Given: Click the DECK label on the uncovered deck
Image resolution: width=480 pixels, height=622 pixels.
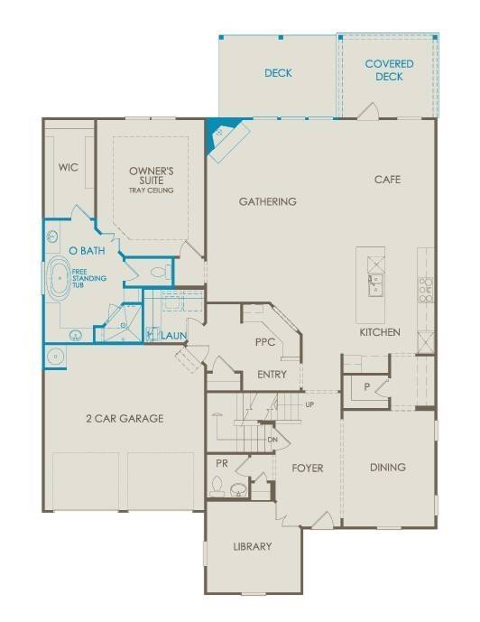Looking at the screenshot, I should click(278, 73).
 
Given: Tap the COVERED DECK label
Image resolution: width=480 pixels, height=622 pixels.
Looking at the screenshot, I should click(390, 70).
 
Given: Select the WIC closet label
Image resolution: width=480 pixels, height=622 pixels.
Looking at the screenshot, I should click(69, 167).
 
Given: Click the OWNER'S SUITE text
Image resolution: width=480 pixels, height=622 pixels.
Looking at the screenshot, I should click(151, 175).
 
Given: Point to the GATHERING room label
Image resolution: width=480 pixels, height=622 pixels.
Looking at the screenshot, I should click(267, 201).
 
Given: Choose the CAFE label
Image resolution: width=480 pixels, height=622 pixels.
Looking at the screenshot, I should click(387, 180).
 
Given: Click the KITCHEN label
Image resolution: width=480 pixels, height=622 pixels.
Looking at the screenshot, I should click(380, 332).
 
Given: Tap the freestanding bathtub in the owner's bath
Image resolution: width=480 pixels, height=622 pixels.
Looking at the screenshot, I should click(60, 281).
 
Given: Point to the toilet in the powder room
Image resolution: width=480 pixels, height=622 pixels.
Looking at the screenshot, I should click(217, 486).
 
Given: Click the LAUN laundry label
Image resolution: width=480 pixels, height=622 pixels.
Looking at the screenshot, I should click(173, 337).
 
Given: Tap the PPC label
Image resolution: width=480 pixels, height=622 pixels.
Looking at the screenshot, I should click(265, 343).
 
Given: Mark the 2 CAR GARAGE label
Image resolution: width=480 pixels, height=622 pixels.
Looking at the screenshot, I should click(124, 418).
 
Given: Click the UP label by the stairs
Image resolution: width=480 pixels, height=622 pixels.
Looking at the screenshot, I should click(310, 404).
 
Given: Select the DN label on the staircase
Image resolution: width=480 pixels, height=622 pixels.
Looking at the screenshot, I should click(272, 440).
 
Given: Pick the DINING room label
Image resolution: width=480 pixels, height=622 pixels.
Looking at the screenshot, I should click(387, 468).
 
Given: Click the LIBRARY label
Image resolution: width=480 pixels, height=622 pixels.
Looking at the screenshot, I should click(252, 546).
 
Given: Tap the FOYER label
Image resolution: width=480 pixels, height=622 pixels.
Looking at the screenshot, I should click(307, 469).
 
